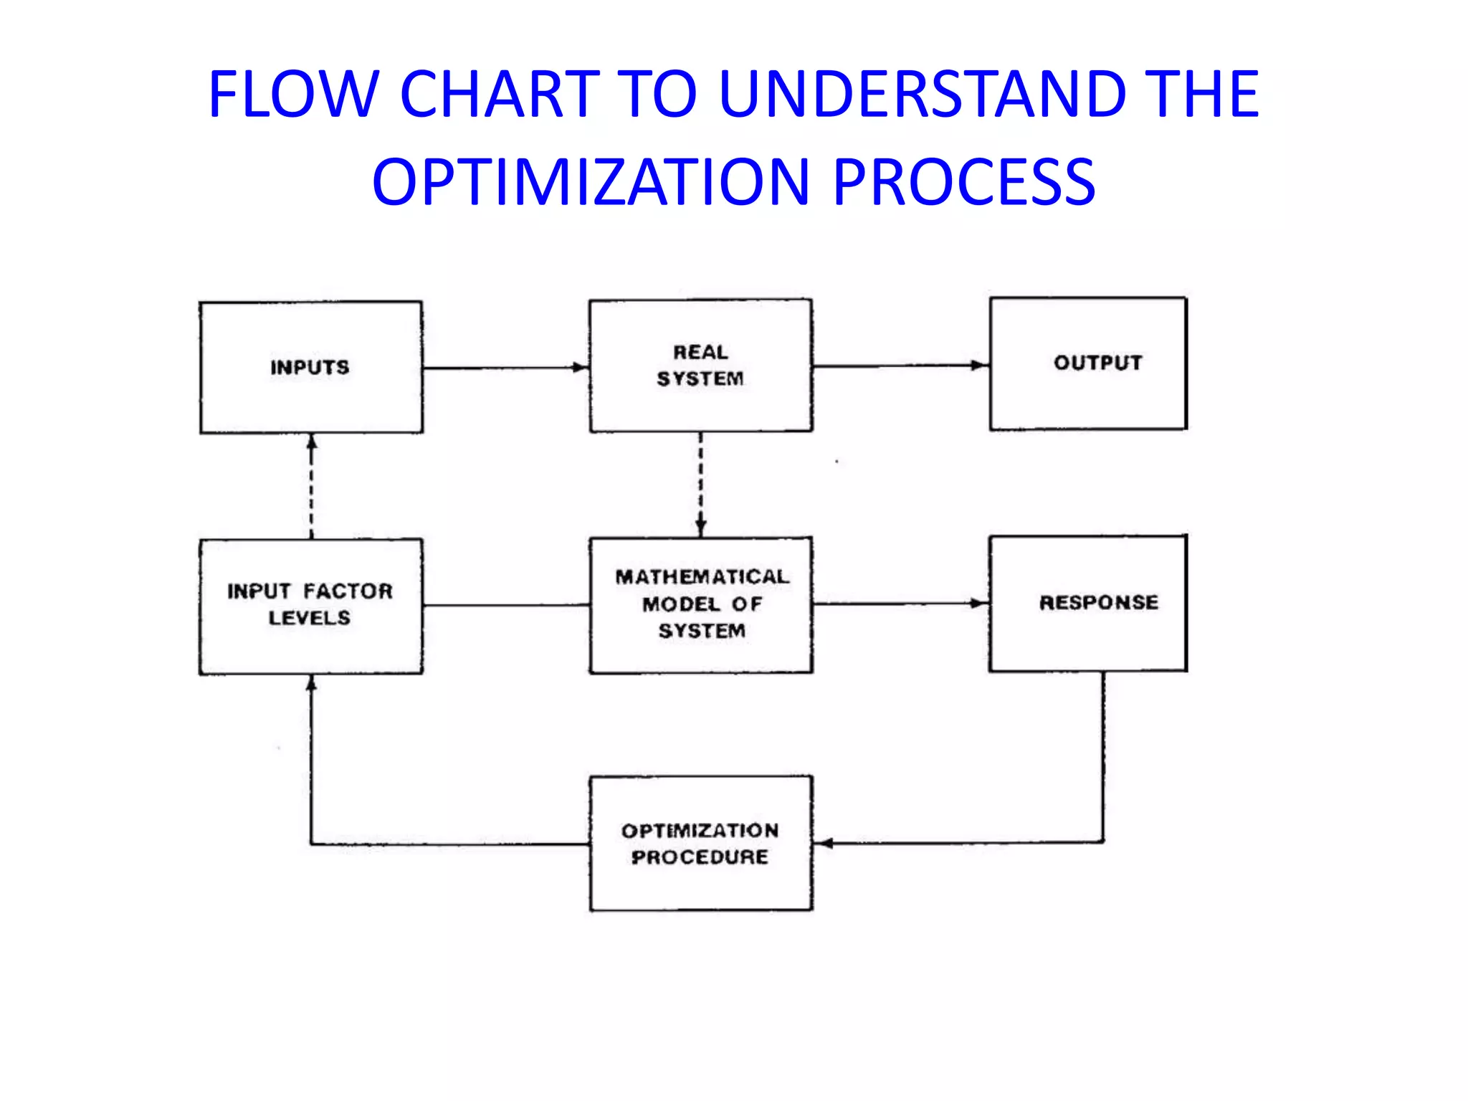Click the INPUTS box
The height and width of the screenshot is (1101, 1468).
pyautogui.click(x=310, y=367)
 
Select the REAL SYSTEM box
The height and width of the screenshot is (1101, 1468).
pyautogui.click(x=700, y=366)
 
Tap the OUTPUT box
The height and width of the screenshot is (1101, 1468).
pyautogui.click(x=1088, y=363)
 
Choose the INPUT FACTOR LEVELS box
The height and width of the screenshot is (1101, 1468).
pyautogui.click(x=310, y=606)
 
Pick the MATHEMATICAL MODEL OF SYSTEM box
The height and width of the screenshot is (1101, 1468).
pyautogui.click(x=700, y=605)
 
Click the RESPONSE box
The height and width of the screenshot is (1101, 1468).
pyautogui.click(x=1088, y=603)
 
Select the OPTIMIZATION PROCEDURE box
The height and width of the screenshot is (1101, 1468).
pyautogui.click(x=700, y=843)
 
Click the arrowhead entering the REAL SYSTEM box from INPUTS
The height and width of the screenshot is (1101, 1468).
pyautogui.click(x=580, y=368)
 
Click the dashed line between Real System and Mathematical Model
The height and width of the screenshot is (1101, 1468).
pyautogui.click(x=701, y=480)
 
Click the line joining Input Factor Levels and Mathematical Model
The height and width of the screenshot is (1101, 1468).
pyautogui.click(x=505, y=606)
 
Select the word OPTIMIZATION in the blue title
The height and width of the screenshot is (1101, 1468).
pyautogui.click(x=591, y=182)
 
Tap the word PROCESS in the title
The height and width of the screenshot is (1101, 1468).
pyautogui.click(x=964, y=182)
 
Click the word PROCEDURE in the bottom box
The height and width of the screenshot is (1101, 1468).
pyautogui.click(x=700, y=857)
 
